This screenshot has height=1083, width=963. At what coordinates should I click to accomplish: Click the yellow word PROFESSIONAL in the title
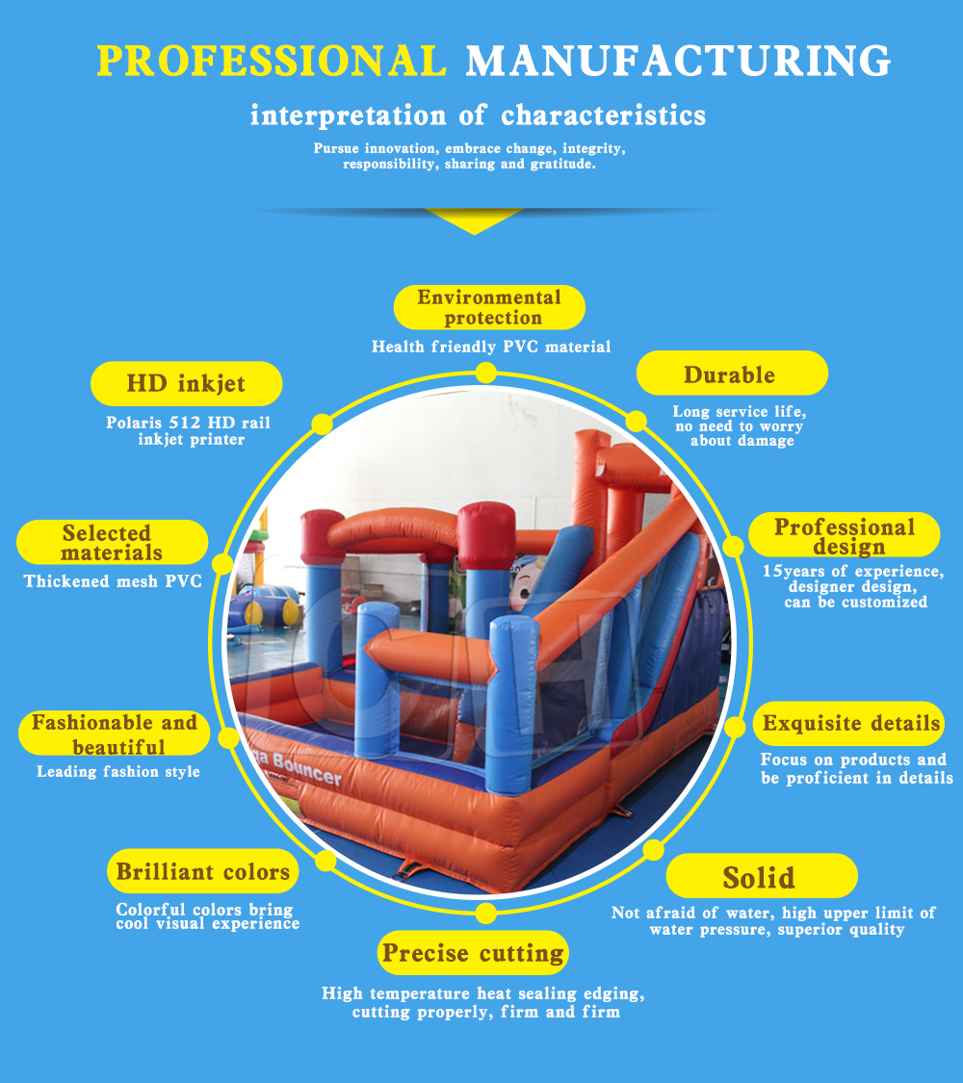[x=272, y=60]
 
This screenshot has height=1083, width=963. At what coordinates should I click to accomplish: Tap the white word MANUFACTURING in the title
[x=678, y=60]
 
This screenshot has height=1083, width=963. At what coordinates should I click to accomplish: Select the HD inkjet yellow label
[x=186, y=384]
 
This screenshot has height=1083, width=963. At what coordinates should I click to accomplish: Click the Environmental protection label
[x=489, y=307]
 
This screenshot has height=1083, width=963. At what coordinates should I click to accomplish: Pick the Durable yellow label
[x=730, y=374]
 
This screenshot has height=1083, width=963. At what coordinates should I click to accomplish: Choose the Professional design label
[x=845, y=536]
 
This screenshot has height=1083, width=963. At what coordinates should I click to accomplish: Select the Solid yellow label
[x=760, y=877]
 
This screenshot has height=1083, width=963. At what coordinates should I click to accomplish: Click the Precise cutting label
[x=473, y=953]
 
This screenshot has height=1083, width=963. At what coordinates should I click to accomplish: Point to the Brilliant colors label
[x=203, y=872]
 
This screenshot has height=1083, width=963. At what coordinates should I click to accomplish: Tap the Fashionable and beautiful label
[x=114, y=735]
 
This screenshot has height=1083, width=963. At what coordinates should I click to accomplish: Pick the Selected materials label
[x=112, y=543]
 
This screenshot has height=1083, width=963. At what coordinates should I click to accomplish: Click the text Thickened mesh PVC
[x=113, y=581]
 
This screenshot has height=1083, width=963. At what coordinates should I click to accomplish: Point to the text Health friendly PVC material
[x=491, y=347]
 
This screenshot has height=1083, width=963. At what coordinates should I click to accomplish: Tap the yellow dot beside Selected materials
[x=222, y=564]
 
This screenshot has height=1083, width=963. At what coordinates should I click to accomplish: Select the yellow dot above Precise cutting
[x=486, y=913]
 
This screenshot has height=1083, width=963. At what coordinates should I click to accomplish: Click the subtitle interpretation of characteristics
[x=478, y=116]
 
